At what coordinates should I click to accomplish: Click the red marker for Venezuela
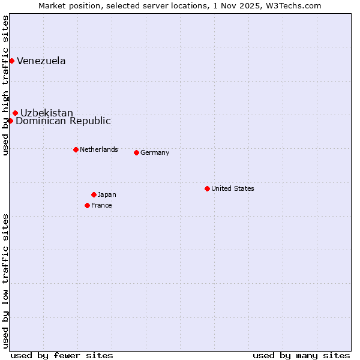click(11, 61)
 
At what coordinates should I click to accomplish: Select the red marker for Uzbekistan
click(15, 113)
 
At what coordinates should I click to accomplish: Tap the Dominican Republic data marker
click(10, 121)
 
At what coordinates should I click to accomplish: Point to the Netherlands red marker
click(76, 149)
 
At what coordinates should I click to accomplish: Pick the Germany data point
click(136, 152)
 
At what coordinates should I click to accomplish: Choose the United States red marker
click(207, 188)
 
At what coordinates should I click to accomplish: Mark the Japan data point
click(94, 194)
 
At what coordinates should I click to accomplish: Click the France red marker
click(87, 205)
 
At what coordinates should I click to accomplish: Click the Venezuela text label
click(41, 61)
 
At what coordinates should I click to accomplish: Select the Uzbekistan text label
click(47, 113)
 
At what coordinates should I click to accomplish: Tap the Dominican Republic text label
click(63, 121)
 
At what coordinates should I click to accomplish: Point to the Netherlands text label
click(99, 149)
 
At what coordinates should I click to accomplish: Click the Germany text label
click(155, 152)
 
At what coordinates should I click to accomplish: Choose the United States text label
click(233, 188)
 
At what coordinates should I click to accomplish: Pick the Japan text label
click(107, 194)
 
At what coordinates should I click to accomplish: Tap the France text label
click(101, 205)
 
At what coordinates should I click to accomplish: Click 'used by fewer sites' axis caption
click(62, 355)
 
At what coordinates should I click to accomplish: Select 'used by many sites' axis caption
click(301, 355)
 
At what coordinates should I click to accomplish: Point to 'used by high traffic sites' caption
click(5, 85)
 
